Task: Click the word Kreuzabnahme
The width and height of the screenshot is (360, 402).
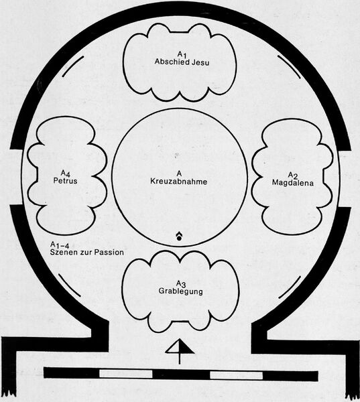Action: click(x=178, y=182)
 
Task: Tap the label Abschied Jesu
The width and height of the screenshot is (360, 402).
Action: click(x=182, y=62)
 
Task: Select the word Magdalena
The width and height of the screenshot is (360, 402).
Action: click(x=293, y=183)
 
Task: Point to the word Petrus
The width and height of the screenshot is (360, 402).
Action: click(x=65, y=181)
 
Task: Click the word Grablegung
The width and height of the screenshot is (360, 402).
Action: click(x=180, y=291)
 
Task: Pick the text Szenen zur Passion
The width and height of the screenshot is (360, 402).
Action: click(x=86, y=253)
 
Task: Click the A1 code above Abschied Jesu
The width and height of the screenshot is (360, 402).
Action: click(x=182, y=54)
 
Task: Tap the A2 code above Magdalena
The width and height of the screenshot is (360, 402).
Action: click(x=292, y=176)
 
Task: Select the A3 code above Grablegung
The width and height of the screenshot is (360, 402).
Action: click(x=180, y=283)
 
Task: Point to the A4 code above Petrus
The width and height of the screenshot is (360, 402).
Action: click(x=65, y=173)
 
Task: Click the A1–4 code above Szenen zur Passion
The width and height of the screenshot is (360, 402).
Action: click(x=60, y=245)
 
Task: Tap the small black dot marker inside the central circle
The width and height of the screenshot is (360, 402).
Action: click(x=179, y=238)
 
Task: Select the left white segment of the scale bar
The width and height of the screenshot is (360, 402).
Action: click(x=126, y=373)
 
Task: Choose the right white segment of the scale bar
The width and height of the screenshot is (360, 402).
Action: click(x=237, y=375)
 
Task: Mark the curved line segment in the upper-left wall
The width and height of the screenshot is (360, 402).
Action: click(x=72, y=66)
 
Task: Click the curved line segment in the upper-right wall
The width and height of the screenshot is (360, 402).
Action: click(x=290, y=66)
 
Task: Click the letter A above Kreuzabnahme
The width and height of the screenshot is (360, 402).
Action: click(x=179, y=174)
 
